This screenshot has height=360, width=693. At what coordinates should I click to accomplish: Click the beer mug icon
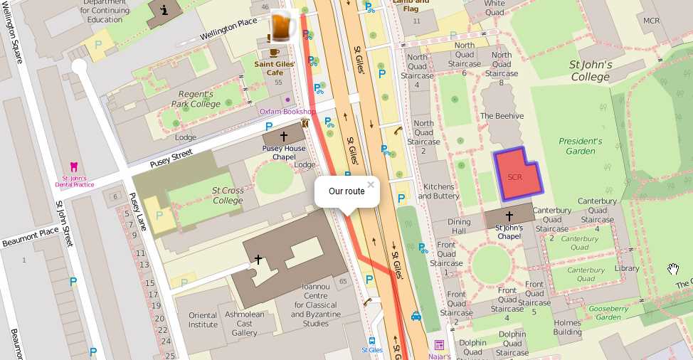[283, 27]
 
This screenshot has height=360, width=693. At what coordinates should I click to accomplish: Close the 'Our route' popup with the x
[370, 185]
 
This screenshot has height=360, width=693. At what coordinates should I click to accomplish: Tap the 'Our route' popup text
[346, 191]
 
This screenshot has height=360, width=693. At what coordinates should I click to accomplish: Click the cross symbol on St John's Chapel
[509, 216]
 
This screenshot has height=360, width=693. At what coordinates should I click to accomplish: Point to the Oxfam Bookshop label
[287, 112]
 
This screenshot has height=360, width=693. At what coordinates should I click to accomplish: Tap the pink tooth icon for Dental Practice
[74, 167]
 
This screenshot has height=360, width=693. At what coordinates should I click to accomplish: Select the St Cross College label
[228, 195]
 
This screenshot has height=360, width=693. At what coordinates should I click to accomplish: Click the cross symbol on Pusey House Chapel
[283, 136]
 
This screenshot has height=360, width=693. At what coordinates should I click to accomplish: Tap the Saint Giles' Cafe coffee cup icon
[274, 53]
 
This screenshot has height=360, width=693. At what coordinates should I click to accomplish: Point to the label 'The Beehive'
[502, 116]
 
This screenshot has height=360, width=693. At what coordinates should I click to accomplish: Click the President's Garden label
[581, 146]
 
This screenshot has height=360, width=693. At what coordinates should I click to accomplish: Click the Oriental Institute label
[203, 320]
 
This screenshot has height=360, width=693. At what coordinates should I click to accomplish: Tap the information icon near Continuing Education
[164, 10]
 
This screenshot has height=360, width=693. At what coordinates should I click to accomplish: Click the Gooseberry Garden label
[608, 313]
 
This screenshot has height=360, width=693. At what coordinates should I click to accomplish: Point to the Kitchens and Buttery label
[438, 191]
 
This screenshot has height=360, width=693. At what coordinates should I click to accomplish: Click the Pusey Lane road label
[138, 212]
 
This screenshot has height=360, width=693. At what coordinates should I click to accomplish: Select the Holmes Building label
[567, 327]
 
